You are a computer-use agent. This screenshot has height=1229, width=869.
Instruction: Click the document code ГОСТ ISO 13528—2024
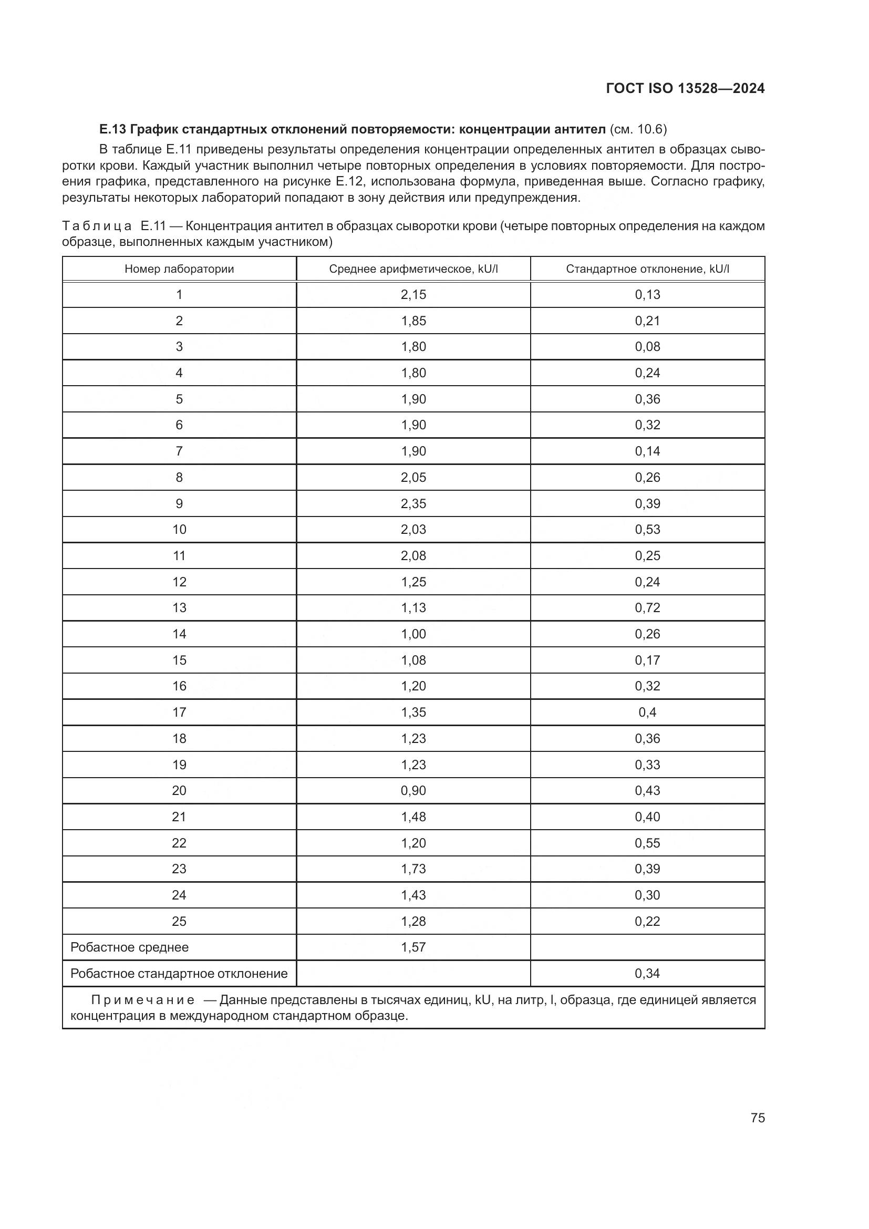(685, 88)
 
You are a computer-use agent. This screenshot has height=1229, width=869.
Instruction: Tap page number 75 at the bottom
(758, 1118)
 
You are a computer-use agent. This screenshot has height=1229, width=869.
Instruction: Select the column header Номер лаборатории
(179, 268)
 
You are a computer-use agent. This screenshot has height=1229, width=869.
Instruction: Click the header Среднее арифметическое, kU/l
(413, 268)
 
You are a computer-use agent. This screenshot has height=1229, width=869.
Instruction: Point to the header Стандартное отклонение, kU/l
(647, 268)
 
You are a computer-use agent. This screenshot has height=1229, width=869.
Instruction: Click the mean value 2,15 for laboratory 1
(413, 294)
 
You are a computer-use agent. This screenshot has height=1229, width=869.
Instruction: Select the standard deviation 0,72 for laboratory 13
(647, 607)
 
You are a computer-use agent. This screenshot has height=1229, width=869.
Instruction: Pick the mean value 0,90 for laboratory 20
(413, 791)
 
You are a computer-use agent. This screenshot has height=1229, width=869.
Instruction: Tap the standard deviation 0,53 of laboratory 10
(647, 530)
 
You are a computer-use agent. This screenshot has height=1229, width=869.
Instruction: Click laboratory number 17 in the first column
(179, 712)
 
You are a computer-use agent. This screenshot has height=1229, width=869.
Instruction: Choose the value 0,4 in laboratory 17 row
(647, 712)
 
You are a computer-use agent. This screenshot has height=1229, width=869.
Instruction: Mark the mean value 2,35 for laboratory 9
(413, 503)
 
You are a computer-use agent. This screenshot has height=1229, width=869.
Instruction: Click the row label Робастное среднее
(129, 947)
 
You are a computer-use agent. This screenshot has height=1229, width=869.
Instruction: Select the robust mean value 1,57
(413, 947)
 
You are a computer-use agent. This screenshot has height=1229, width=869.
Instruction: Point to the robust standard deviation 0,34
(647, 973)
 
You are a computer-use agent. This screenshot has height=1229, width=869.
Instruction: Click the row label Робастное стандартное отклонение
(179, 973)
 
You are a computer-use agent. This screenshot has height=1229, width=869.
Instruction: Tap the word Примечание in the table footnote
(142, 1000)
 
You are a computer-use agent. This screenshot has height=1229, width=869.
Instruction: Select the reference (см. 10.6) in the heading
(638, 129)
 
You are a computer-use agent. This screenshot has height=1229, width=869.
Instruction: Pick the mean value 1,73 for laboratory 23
(413, 869)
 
